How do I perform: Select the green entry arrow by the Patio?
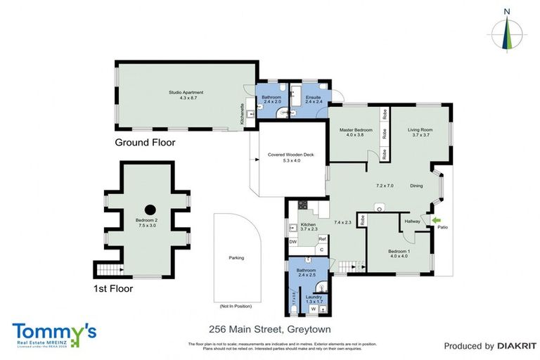[435, 220]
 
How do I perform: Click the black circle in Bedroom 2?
[150, 209]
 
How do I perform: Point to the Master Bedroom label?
[355, 131]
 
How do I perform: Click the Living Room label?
[420, 131]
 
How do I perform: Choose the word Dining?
[416, 186]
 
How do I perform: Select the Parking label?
[236, 258]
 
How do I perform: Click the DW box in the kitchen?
[292, 242]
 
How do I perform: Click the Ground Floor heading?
[145, 143]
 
